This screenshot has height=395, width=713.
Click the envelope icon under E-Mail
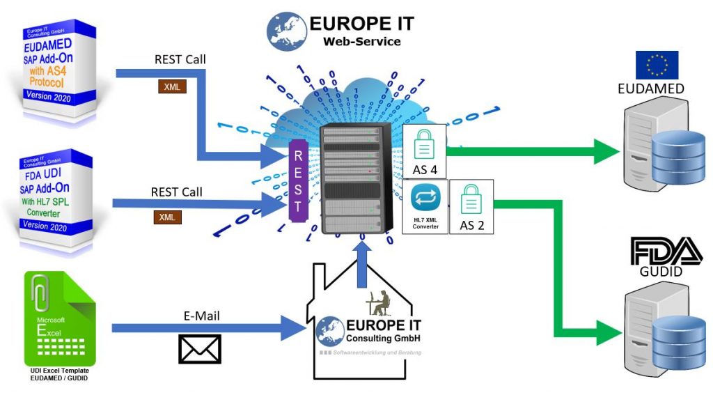pyautogui.click(x=200, y=348)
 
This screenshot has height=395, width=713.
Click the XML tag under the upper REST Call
pyautogui.click(x=169, y=87)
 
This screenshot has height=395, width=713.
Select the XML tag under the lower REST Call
pyautogui.click(x=167, y=217)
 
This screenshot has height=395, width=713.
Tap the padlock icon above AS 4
pyautogui.click(x=424, y=146)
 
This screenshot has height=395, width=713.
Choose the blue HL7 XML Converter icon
pyautogui.click(x=424, y=198)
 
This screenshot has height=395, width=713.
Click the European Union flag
pyautogui.click(x=656, y=65)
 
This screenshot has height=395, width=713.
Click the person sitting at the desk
pyautogui.click(x=380, y=301)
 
